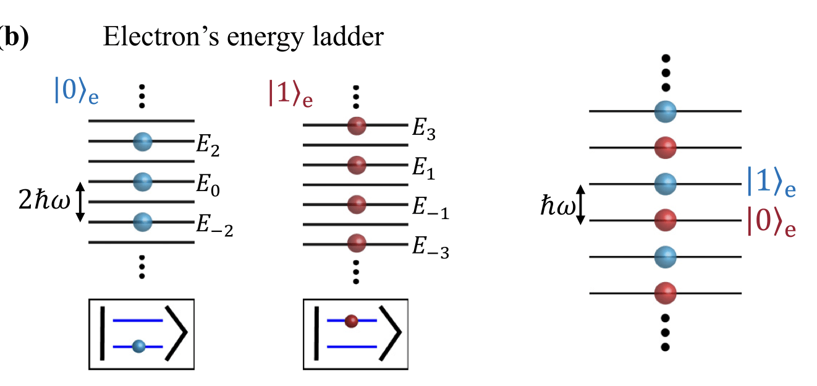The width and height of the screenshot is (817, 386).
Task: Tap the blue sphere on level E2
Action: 143,142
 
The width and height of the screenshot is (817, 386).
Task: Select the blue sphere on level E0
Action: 143,181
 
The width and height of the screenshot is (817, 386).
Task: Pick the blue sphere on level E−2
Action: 143,221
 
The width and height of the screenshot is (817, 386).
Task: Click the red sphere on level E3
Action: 357,126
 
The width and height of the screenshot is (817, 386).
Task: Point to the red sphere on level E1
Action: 357,165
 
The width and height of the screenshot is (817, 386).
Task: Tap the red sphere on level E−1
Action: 357,204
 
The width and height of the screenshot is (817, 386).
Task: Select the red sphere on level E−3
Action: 357,243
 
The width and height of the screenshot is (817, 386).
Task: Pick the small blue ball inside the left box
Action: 138,346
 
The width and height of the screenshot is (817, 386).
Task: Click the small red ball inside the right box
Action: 352,320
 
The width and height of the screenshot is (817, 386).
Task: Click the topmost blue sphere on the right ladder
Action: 666,112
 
